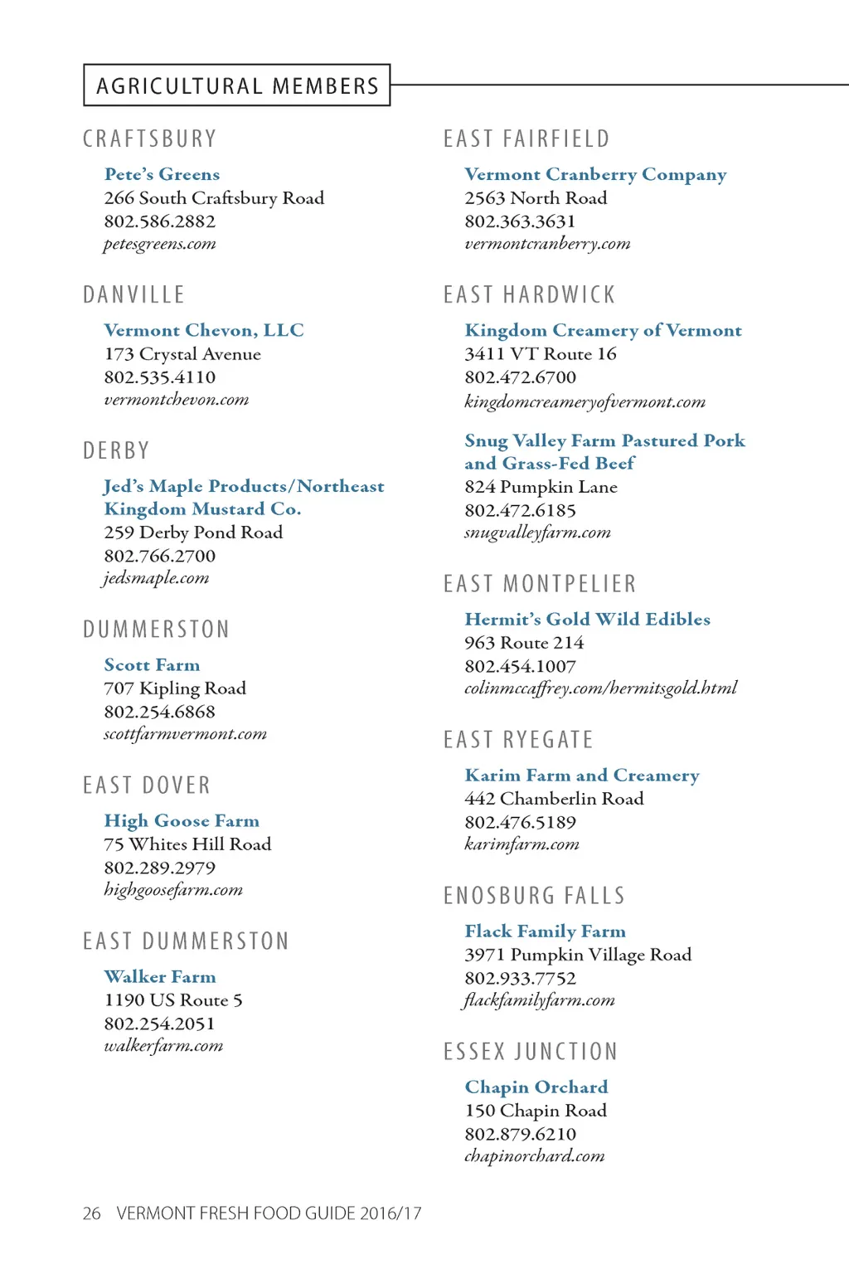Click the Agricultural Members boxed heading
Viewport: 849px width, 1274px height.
pos(237,85)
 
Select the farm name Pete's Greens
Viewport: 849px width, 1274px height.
pos(162,174)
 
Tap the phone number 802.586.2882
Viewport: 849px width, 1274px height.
pos(159,221)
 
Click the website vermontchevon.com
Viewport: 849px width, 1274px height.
pos(176,400)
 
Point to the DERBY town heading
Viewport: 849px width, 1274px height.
pos(116,450)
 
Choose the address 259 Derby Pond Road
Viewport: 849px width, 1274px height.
pos(193,532)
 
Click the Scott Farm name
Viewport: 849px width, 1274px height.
pos(152,665)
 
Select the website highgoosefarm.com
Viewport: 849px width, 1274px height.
pos(172,890)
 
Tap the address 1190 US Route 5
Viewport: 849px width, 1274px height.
pos(172,1000)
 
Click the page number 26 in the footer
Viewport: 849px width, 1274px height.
pos(91,1213)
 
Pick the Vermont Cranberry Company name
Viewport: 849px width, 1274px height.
pos(595,174)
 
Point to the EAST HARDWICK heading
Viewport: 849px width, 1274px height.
pos(529,294)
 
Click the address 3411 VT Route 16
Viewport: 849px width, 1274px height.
pos(540,354)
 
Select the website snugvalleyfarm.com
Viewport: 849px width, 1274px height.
pos(537,532)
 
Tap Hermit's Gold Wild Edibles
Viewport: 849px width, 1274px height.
pos(587,619)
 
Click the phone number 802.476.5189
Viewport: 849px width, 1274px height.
pos(520,822)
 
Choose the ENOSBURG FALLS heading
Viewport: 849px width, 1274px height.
pos(534,896)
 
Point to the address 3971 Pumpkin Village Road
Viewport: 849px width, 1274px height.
pos(577,955)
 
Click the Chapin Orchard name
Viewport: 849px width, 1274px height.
pos(536,1087)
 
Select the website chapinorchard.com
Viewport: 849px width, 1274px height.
pos(534,1156)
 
